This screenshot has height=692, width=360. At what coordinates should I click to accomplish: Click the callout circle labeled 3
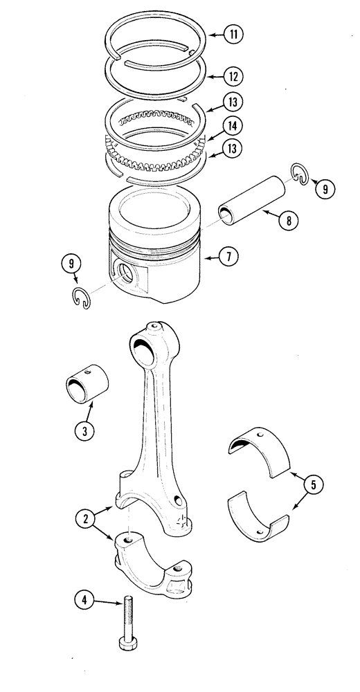[85, 430]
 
